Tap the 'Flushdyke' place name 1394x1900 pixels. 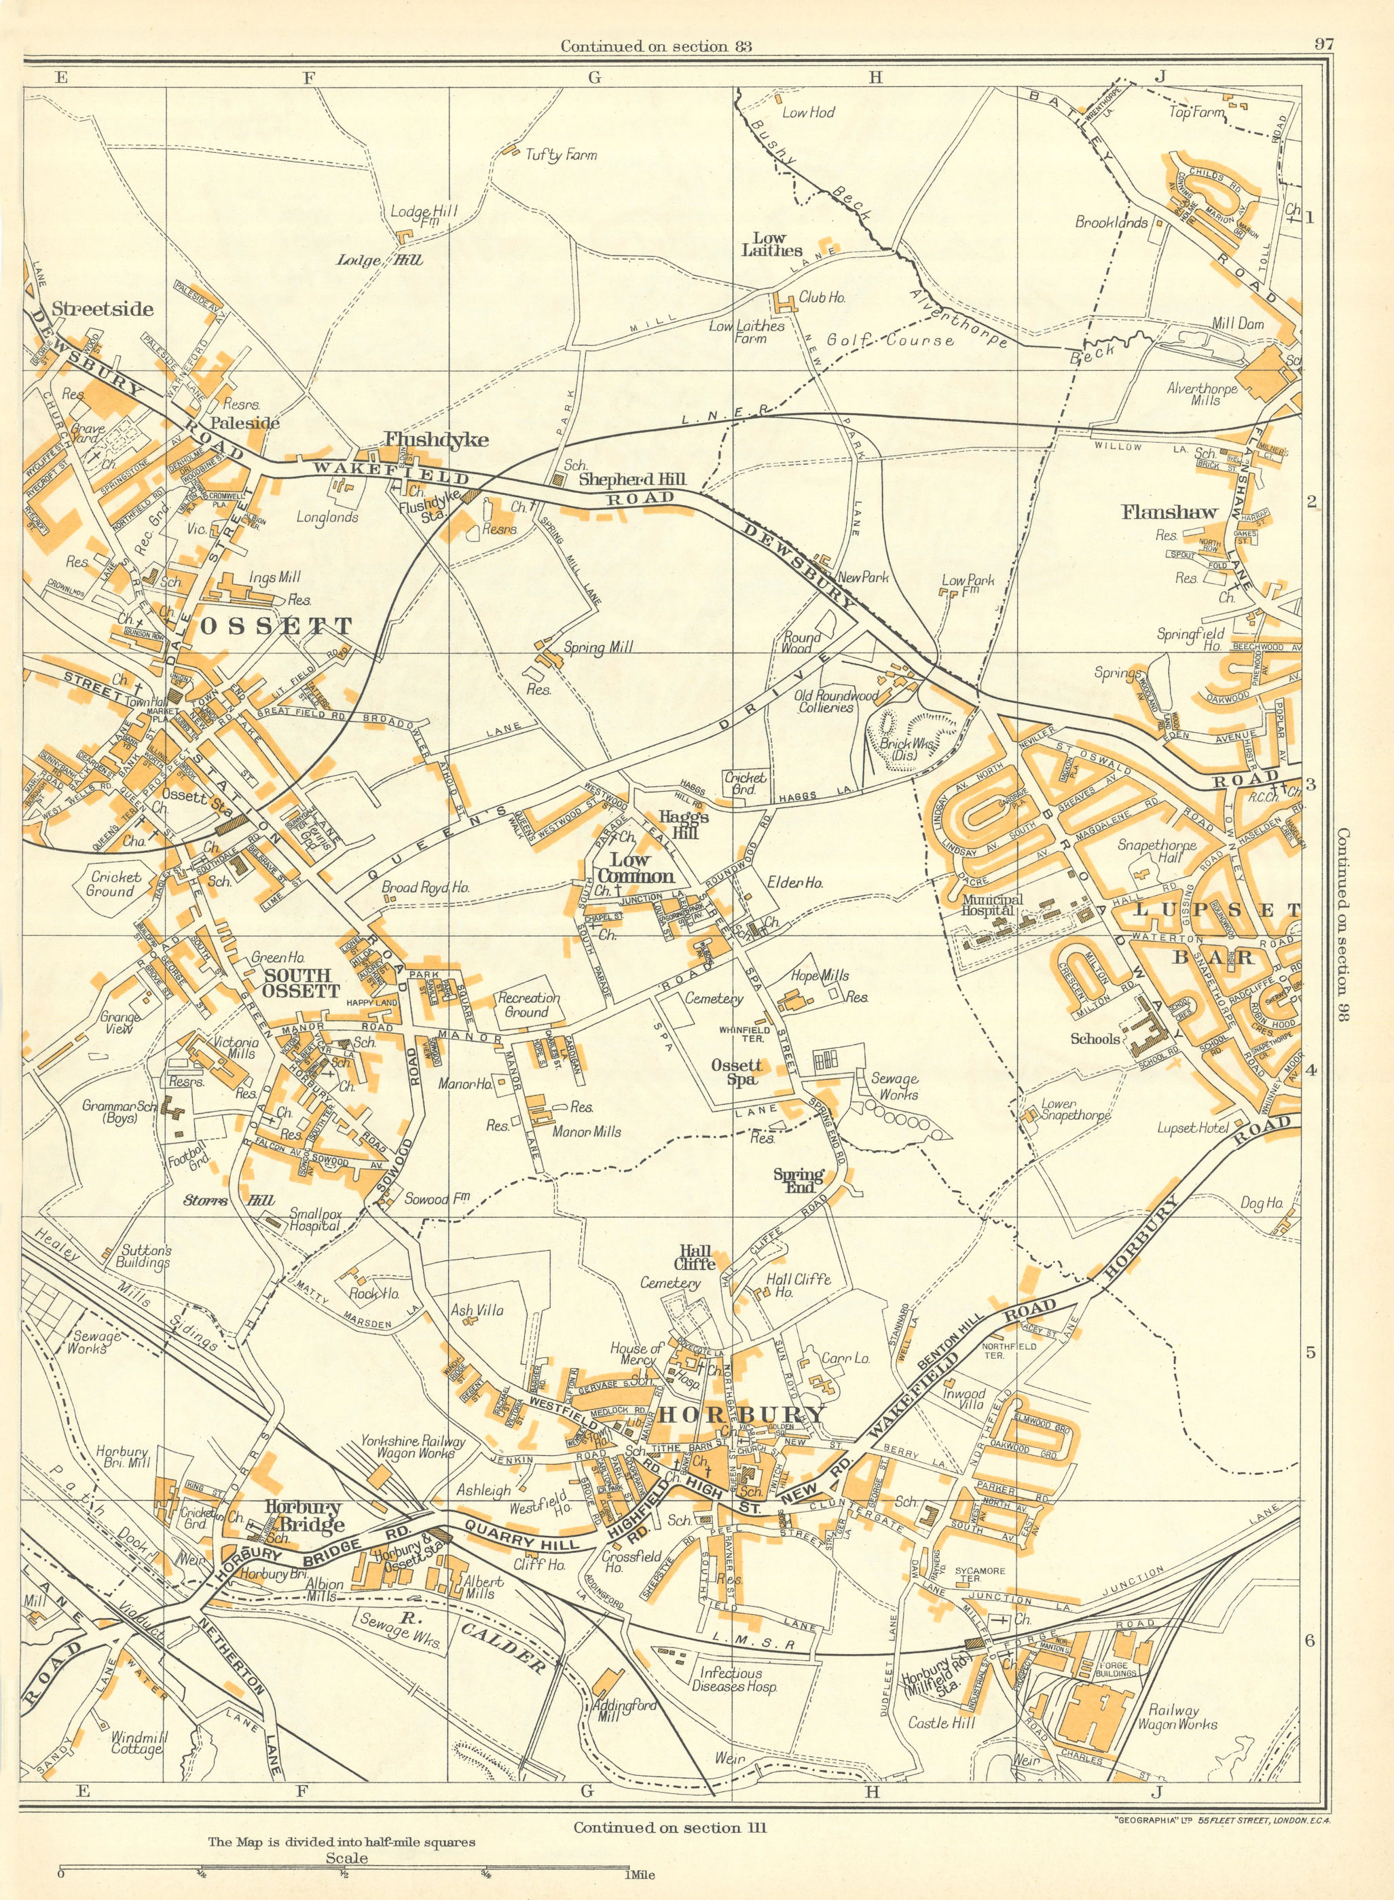424,439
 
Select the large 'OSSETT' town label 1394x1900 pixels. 276,626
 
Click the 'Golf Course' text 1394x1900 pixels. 890,340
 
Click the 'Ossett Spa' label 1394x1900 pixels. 737,1072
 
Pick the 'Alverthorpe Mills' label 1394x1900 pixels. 1202,394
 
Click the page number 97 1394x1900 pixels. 1323,45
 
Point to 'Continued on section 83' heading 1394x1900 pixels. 656,46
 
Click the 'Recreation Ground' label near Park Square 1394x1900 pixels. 529,1005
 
